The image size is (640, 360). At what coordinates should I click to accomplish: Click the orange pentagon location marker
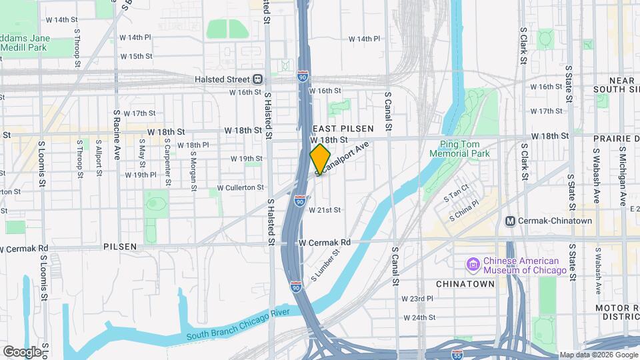point(320,159)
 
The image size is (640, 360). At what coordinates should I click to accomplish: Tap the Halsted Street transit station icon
point(257,79)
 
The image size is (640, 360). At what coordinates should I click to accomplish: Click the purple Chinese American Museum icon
point(473,265)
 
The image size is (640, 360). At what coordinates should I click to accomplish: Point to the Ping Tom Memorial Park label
point(465,149)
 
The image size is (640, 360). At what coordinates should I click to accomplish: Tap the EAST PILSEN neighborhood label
point(340,127)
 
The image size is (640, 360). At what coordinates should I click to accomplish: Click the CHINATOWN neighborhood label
point(465,283)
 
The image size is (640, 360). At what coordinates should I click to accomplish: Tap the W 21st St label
point(325,209)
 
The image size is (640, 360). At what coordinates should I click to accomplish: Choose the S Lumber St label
point(325,264)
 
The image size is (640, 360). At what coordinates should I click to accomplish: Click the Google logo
point(22,351)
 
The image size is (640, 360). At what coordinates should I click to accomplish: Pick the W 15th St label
point(136,56)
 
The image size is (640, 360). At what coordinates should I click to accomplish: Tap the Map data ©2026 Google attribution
point(598,355)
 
